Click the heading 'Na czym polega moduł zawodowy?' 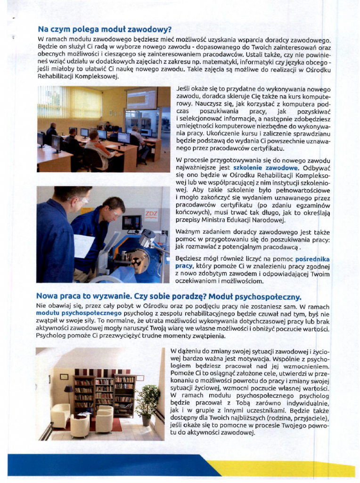[x=104, y=30]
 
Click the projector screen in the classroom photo [x=142, y=99]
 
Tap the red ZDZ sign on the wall [x=150, y=215]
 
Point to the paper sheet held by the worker [x=84, y=246]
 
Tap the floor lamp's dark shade [x=68, y=390]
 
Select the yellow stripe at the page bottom [x=283, y=468]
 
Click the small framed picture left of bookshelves [x=64, y=376]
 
